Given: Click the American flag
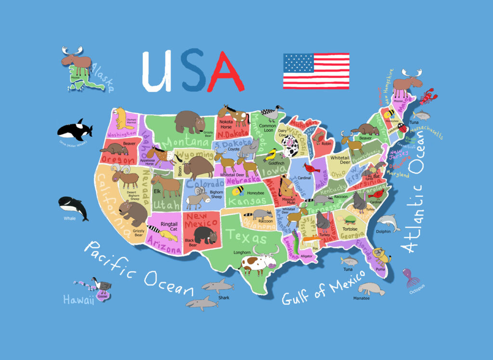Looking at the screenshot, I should click(x=316, y=71).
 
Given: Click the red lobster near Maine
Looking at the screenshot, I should click(x=427, y=96).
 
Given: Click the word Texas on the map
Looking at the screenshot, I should click(x=246, y=236).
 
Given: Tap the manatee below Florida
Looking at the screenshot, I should click(x=371, y=289).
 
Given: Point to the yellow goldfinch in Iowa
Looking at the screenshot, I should click(x=271, y=154).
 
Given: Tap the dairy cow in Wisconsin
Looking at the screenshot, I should click(x=290, y=146).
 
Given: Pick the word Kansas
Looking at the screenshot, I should click(x=246, y=201).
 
